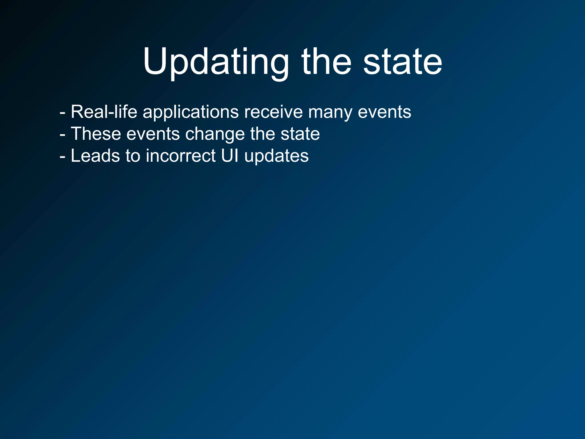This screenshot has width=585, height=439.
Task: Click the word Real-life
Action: tap(104, 112)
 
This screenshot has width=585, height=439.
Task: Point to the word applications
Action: tap(191, 112)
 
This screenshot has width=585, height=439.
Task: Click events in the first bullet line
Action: tap(384, 112)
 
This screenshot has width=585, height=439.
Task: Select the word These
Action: tap(96, 134)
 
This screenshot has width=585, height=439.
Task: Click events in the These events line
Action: tap(153, 134)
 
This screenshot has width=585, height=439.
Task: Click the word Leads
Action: tap(95, 156)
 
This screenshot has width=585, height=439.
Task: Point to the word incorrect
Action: tap(181, 156)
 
